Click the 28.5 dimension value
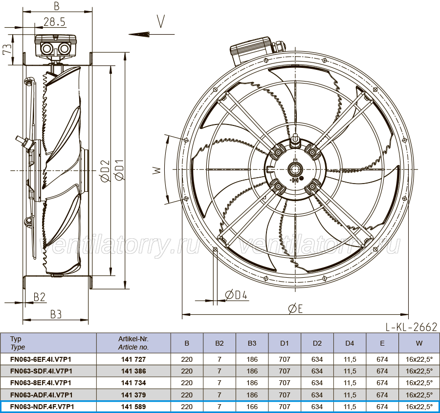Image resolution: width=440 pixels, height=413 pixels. point(54,21)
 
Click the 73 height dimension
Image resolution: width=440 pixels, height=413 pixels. point(7,49)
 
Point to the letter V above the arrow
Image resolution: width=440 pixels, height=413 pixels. point(161,21)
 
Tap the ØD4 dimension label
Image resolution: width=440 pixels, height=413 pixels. point(236,295)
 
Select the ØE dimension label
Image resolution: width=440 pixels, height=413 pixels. point(295,309)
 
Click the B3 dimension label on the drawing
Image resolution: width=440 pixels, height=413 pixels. point(56,314)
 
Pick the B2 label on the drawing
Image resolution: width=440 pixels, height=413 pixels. point(39,297)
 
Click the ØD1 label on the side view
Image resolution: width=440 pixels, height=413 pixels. point(119,170)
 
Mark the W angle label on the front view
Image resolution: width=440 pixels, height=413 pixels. point(157,170)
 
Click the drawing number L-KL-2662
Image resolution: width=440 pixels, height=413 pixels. point(411,327)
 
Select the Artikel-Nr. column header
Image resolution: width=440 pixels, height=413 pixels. point(133,343)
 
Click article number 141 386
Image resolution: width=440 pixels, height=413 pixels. point(133,371)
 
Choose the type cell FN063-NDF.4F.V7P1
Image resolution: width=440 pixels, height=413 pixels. point(42,407)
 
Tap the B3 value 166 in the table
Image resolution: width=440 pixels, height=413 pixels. point(252,407)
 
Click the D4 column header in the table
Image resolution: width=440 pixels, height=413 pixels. point(350,343)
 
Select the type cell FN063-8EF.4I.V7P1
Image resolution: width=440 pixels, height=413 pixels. point(41,383)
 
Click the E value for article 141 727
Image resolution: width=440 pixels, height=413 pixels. point(382,359)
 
